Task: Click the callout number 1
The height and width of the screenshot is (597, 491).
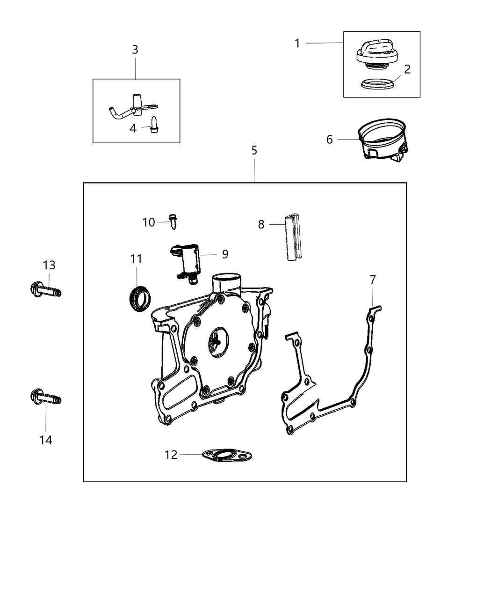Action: (297, 43)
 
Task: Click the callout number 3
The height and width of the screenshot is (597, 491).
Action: (135, 49)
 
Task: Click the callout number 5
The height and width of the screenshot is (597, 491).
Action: (254, 150)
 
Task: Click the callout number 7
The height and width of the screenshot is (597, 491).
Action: (373, 280)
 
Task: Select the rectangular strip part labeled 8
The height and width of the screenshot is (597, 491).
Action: (293, 237)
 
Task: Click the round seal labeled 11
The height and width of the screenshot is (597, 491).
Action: (139, 298)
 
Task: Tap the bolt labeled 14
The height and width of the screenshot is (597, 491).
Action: (46, 398)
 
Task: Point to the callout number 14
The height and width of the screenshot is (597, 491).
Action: (46, 440)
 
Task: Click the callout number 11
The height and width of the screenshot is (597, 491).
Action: (136, 259)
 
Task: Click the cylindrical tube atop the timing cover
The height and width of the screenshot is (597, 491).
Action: (227, 283)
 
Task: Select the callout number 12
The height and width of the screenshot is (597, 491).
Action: (171, 455)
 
